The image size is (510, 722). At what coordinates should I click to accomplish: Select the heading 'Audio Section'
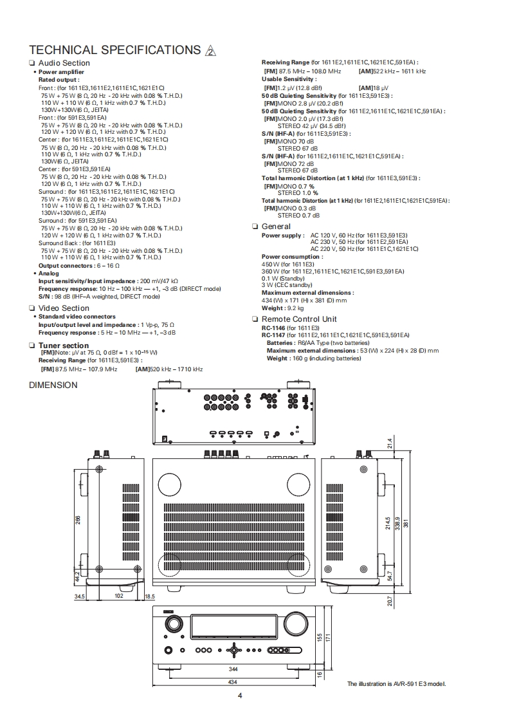point(64,63)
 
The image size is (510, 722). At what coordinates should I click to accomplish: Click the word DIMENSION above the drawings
point(53,385)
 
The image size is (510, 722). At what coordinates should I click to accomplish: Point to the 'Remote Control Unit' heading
point(299,319)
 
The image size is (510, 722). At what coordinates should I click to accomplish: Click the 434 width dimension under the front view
point(232,681)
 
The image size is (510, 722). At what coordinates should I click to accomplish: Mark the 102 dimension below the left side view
point(118,596)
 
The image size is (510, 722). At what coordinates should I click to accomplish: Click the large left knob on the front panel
point(173,623)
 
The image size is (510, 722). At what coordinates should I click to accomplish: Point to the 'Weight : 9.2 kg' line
point(283,308)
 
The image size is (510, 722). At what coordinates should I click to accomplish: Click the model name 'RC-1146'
point(273,328)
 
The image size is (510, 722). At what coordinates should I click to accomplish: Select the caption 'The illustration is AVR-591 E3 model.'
point(396,683)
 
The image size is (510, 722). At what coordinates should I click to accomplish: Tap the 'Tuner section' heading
point(64,346)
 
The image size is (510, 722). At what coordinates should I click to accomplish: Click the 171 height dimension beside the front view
point(327,637)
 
